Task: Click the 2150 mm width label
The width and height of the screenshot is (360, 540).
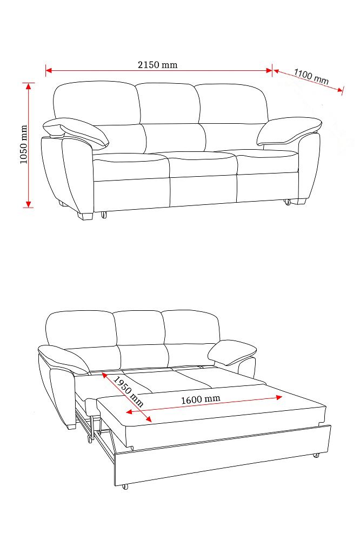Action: point(157,65)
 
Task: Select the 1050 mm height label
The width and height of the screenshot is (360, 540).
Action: point(23,144)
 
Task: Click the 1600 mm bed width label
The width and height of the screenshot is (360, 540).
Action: point(201,399)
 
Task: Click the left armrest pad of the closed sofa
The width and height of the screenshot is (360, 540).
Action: point(76,132)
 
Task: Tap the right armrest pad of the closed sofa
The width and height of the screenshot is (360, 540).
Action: point(289,130)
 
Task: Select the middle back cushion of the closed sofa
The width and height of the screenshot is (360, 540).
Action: point(169,103)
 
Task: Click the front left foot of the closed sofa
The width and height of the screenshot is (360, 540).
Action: point(85,216)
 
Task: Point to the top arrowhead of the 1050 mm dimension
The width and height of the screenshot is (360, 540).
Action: point(28,86)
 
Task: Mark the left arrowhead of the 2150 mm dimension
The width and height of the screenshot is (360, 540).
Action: point(49,70)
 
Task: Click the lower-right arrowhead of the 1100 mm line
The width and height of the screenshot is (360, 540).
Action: point(340,90)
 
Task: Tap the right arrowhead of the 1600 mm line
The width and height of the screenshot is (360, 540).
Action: point(279,397)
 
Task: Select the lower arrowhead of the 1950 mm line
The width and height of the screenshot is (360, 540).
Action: point(148,419)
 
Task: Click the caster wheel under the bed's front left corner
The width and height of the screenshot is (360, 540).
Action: point(125,486)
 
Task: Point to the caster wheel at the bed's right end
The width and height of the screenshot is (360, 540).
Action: point(316,455)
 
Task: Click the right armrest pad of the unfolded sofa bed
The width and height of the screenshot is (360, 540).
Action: point(232,352)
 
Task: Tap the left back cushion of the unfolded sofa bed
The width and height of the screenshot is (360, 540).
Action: point(82,329)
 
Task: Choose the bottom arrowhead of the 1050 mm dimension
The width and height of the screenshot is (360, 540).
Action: point(28,204)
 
